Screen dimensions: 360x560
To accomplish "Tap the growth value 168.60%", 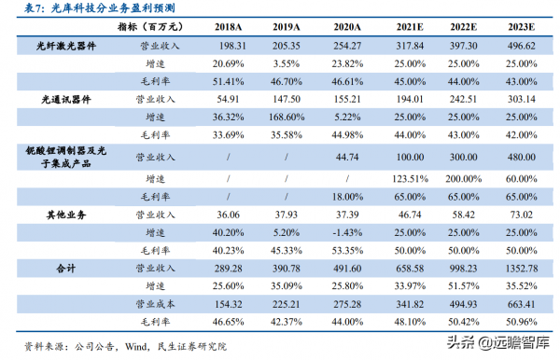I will (267, 115).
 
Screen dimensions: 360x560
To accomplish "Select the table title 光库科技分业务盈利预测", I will (104, 8).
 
